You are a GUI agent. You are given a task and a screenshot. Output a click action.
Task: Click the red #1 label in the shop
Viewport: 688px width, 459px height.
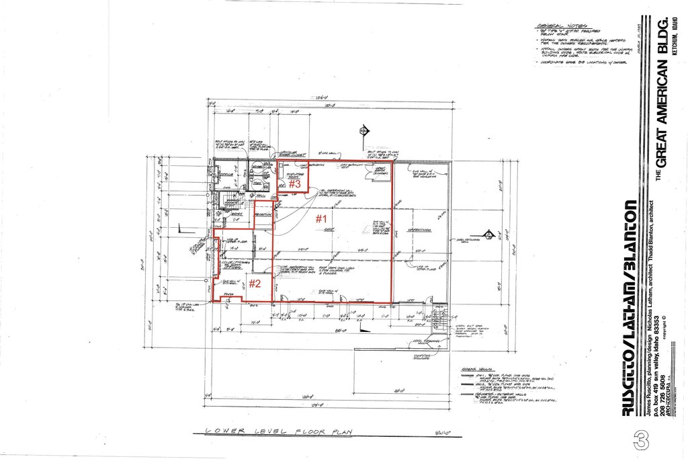[x=321, y=218]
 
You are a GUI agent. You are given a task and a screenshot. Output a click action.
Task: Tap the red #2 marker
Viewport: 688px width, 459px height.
[x=255, y=283]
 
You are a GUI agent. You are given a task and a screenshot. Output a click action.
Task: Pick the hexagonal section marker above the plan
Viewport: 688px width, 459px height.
[x=363, y=130]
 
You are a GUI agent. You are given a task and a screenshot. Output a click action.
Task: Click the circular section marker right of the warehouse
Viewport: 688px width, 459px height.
[x=490, y=235]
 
